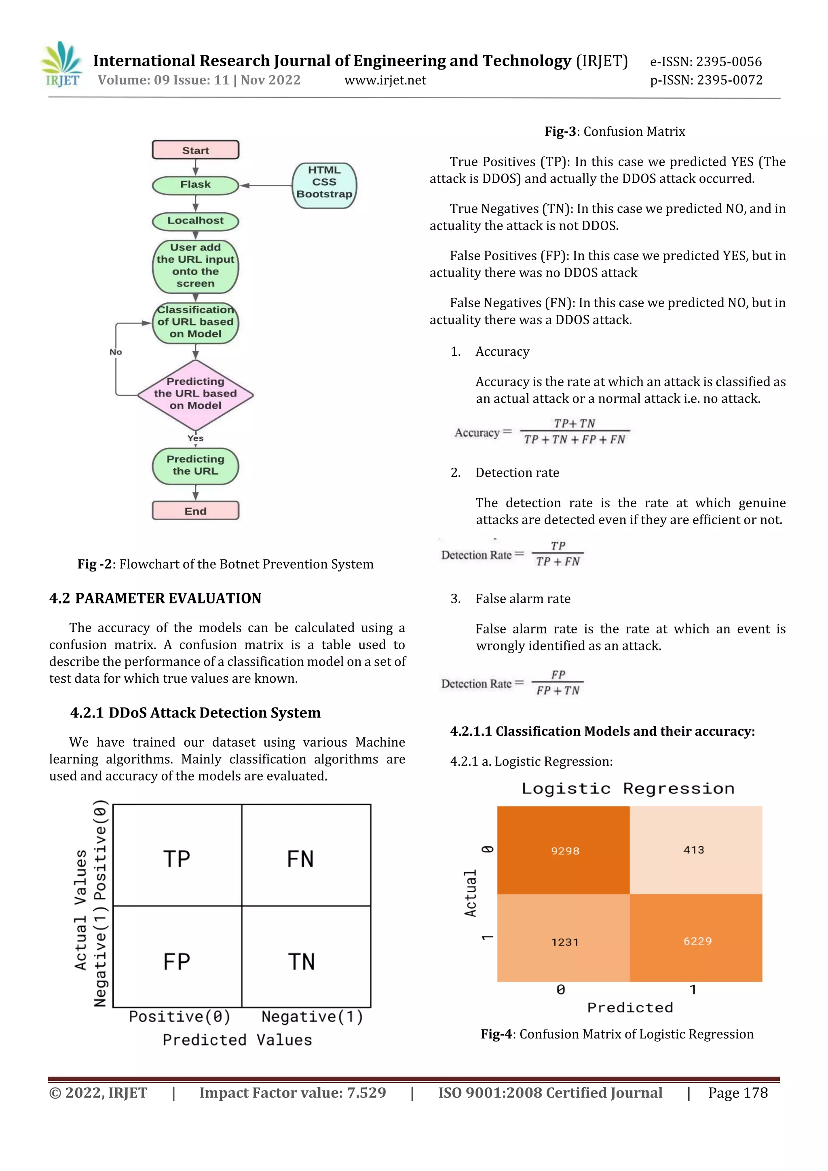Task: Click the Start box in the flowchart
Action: (x=195, y=150)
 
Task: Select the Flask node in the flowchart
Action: (x=195, y=185)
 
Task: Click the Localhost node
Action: (x=195, y=221)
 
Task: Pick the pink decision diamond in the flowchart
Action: (x=195, y=394)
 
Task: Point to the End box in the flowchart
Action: (x=195, y=511)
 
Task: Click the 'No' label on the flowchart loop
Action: (x=116, y=352)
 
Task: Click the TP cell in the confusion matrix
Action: (x=177, y=859)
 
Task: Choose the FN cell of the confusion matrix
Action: (x=300, y=859)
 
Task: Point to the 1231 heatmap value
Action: (x=565, y=942)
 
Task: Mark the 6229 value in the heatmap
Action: (x=697, y=941)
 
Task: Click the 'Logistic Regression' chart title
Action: (x=628, y=789)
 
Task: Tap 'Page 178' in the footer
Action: (x=738, y=1093)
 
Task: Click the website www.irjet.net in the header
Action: (x=385, y=80)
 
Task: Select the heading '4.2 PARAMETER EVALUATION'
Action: (x=155, y=598)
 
